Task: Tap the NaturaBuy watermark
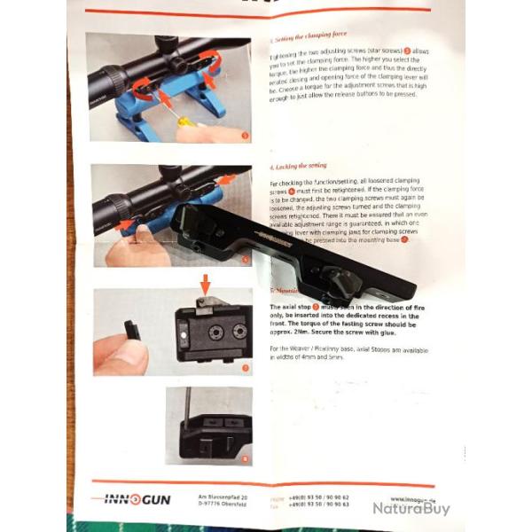click(x=410, y=508)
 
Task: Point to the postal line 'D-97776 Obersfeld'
click(x=223, y=506)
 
